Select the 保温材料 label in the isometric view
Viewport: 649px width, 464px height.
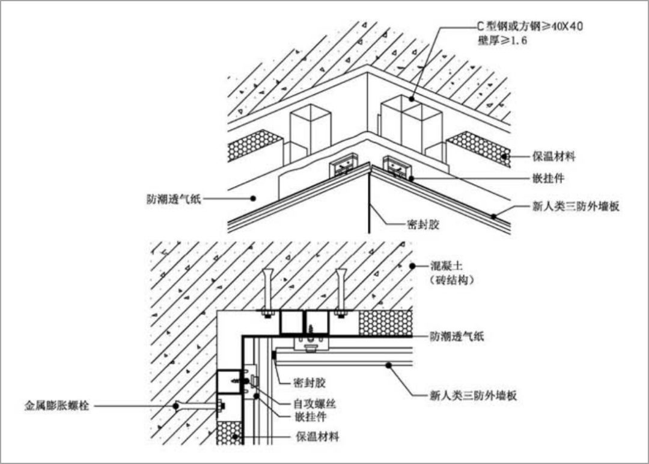tap(553, 157)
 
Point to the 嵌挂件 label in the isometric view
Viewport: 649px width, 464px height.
tap(547, 179)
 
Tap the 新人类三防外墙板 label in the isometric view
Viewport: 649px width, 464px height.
tap(576, 206)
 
